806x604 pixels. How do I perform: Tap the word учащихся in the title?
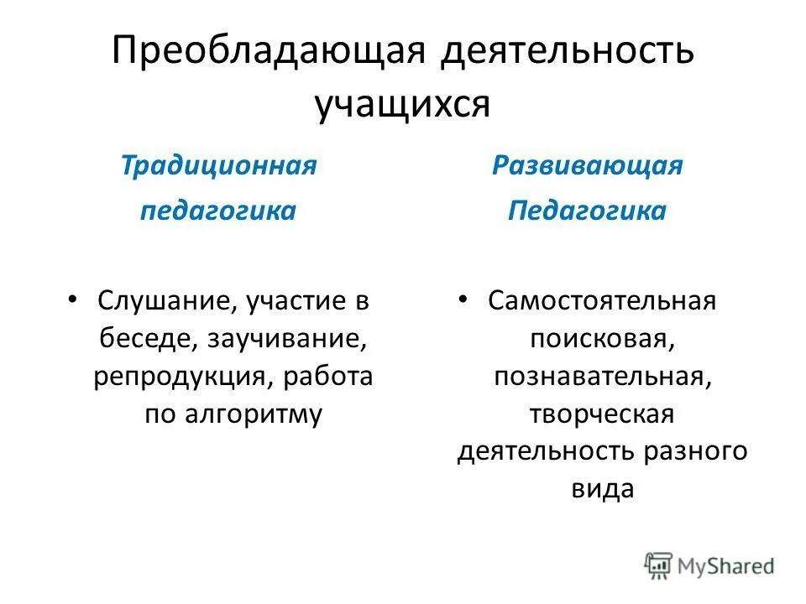pos(402,105)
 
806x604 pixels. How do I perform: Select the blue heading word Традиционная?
pos(218,164)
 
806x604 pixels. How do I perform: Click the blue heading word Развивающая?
pos(587,164)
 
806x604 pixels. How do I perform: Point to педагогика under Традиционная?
pos(218,210)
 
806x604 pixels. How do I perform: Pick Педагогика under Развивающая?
pos(587,210)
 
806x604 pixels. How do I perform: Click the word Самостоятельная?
pos(602,300)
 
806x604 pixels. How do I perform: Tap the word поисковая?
pos(602,338)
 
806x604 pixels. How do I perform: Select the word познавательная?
pos(602,376)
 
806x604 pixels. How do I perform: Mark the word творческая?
pos(602,414)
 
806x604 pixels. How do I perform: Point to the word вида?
pos(602,489)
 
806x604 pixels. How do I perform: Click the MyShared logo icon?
pos(659,565)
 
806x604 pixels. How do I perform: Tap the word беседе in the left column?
pos(145,339)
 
